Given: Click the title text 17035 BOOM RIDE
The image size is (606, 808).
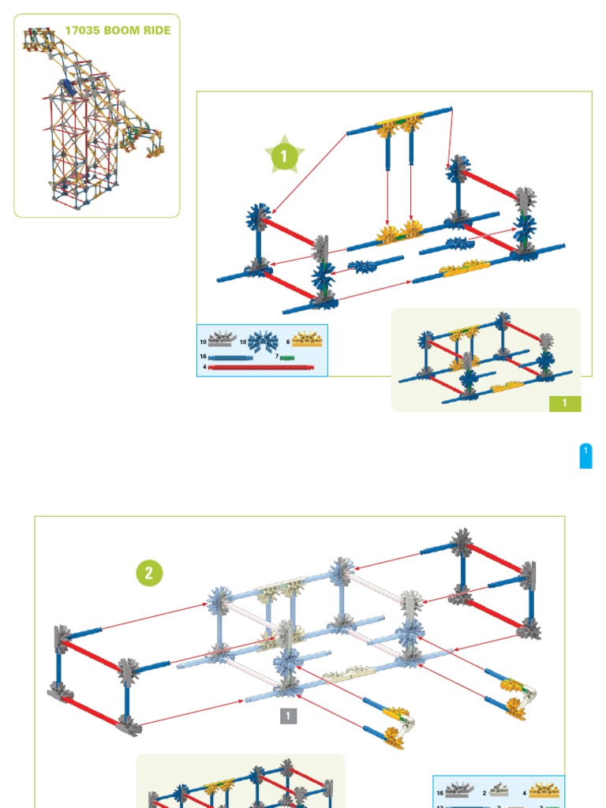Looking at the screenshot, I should (x=118, y=31).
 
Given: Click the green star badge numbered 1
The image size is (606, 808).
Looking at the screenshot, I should (x=283, y=157).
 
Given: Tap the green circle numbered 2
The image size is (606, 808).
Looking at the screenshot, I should (x=148, y=573).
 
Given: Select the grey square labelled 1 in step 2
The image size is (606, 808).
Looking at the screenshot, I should (x=289, y=716).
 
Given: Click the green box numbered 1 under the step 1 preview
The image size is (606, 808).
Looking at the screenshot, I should (x=565, y=403).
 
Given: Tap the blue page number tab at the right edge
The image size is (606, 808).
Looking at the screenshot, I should (x=585, y=456).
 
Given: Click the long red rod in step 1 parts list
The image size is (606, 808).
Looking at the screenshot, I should (x=261, y=367).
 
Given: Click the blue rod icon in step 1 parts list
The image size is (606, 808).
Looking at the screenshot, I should (x=230, y=357).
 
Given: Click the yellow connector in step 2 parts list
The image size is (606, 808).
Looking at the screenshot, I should (x=544, y=791).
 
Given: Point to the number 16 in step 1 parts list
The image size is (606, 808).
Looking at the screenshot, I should (x=203, y=357).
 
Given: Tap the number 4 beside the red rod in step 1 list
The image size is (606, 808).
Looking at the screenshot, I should (x=204, y=367).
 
